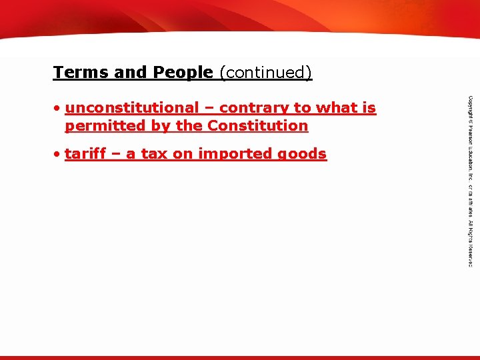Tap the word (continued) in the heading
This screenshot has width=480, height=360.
tap(265, 72)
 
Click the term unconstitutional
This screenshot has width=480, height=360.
tap(132, 107)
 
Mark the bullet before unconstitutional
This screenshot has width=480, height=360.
tap(59, 107)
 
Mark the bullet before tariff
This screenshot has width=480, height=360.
tap(59, 154)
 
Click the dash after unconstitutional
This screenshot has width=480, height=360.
tap(209, 107)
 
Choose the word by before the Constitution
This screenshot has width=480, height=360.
tap(157, 125)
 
